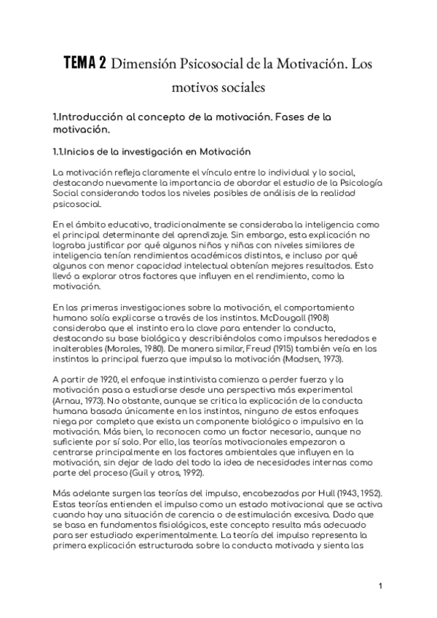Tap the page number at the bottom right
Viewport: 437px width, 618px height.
click(x=381, y=585)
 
